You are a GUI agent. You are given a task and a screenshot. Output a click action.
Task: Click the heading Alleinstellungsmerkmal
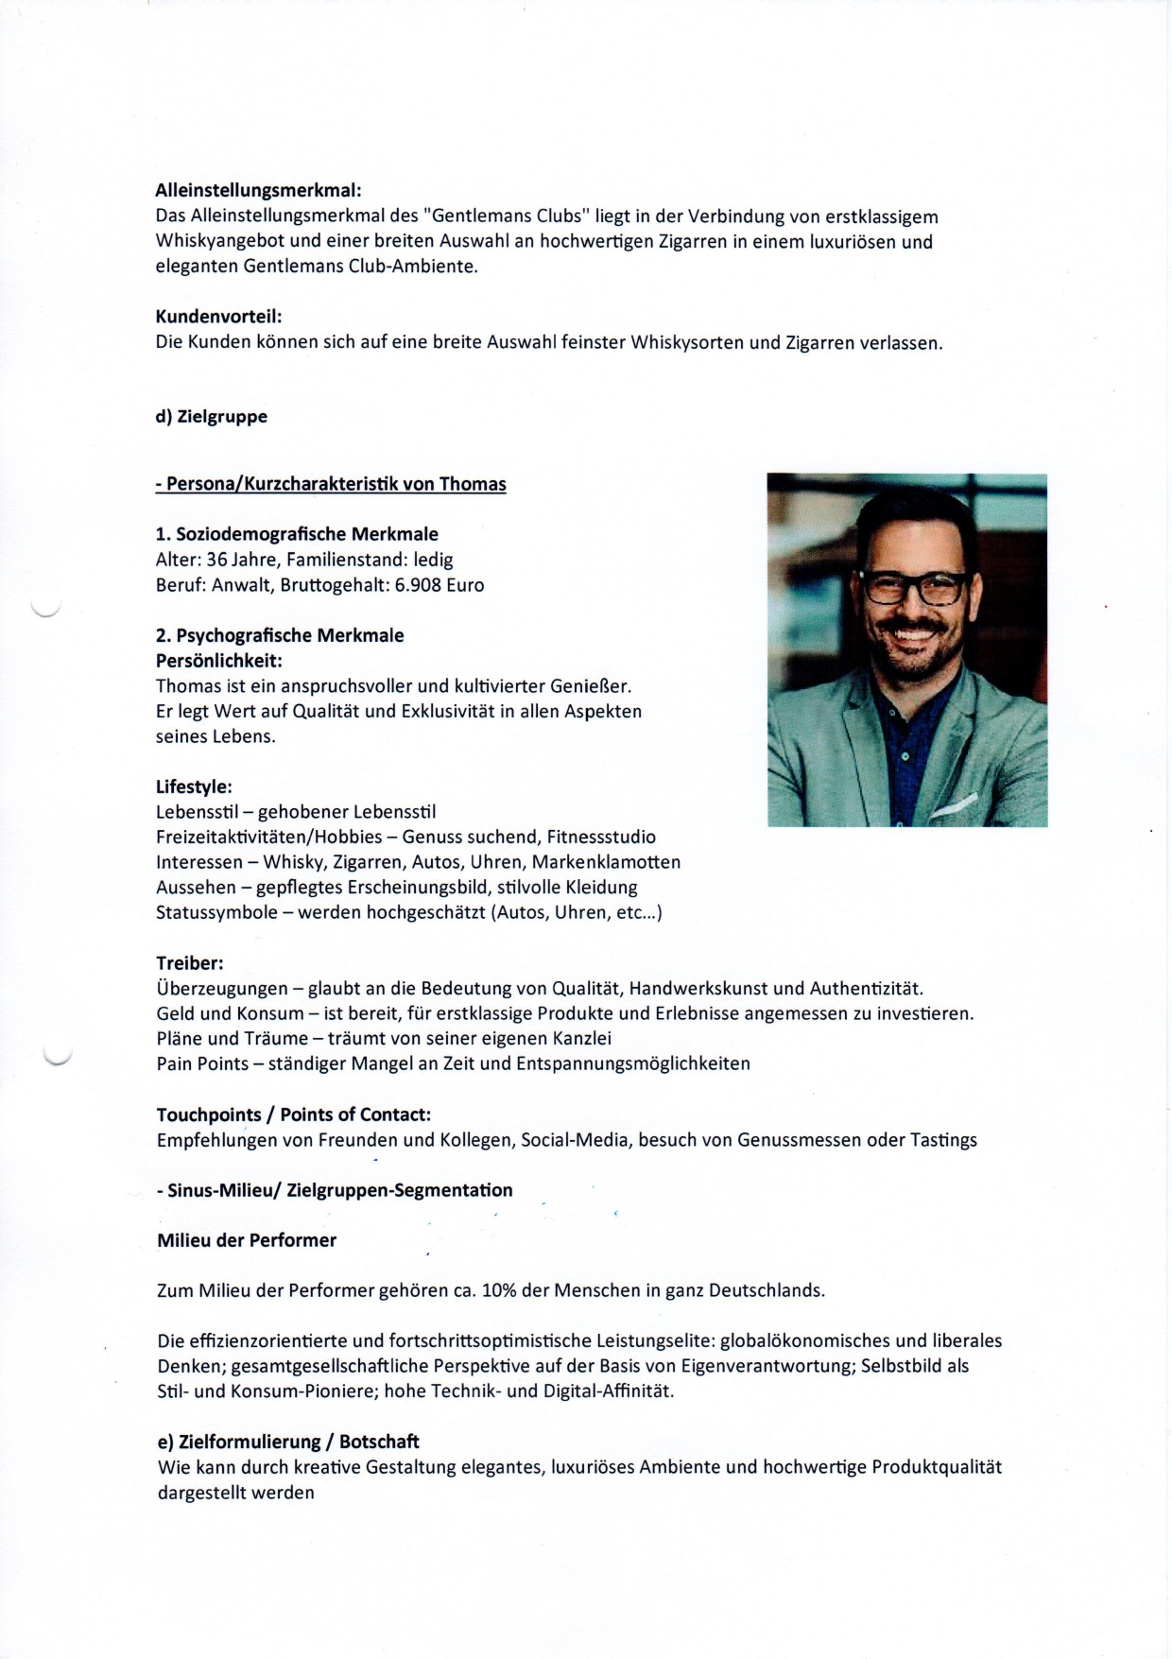coord(258,191)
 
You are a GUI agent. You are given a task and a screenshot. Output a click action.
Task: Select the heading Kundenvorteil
coord(218,317)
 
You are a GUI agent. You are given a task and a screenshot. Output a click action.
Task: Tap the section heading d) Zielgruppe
coord(211,417)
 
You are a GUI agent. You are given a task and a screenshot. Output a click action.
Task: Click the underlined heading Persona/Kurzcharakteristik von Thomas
coord(331,485)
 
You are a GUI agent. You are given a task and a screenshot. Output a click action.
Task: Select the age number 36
coord(217,560)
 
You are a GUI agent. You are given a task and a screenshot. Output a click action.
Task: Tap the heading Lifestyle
coord(194,786)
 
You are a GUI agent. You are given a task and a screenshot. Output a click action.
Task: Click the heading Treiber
coord(189,963)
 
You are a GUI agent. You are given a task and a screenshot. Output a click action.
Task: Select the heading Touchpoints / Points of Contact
coord(293,1115)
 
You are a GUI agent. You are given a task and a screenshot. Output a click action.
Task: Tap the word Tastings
coord(943,1140)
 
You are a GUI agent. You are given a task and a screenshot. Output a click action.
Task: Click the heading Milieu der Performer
coord(247,1240)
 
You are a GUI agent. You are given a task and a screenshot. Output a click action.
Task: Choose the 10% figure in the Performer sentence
coord(499,1290)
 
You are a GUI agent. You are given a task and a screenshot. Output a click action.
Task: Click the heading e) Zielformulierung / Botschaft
coord(287,1442)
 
